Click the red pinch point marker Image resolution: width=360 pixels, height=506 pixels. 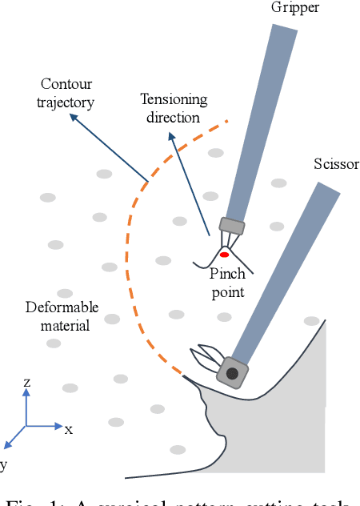click(x=225, y=255)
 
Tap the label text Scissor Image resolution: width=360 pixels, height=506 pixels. click(x=336, y=165)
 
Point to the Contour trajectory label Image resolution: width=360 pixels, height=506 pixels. click(x=66, y=92)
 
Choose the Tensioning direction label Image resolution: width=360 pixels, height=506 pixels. click(x=174, y=108)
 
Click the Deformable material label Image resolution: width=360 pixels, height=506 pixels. click(x=62, y=315)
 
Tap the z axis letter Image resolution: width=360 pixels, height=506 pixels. click(x=26, y=383)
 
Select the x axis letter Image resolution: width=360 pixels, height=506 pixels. click(x=69, y=429)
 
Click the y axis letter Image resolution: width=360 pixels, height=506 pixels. click(x=2, y=464)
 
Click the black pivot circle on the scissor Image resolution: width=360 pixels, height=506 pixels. click(x=232, y=373)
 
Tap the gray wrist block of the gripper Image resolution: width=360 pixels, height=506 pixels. click(x=231, y=227)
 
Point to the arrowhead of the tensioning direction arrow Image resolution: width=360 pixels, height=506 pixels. click(x=170, y=136)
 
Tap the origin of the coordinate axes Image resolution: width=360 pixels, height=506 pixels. click(x=26, y=425)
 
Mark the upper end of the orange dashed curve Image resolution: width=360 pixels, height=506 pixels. click(x=227, y=122)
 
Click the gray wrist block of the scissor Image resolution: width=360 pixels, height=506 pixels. click(x=233, y=372)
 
